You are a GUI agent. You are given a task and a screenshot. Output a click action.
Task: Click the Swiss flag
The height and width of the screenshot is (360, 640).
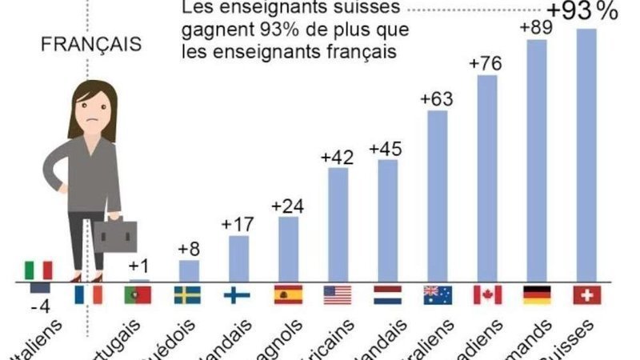(586, 294)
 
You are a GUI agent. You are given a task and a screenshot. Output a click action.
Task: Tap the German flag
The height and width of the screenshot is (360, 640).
(536, 294)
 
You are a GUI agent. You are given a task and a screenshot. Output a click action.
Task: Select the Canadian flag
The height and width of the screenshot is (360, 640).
(486, 294)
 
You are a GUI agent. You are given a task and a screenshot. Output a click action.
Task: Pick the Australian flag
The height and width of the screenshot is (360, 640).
(437, 294)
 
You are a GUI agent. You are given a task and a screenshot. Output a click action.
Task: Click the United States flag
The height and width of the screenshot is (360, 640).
(338, 294)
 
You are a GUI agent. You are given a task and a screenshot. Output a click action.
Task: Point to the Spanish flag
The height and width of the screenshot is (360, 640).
(288, 294)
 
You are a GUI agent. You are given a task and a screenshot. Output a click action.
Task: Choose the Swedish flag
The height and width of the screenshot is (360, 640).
(188, 294)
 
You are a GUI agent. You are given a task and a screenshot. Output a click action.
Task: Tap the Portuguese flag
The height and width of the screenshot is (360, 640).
(138, 294)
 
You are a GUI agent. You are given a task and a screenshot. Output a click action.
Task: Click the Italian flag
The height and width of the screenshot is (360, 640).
(38, 270)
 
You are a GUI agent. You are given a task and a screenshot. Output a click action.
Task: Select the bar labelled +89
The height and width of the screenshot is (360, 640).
(536, 160)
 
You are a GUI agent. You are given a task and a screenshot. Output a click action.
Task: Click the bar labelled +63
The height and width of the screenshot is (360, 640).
(437, 196)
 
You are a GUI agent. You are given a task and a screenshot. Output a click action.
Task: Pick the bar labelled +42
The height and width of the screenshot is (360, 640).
(338, 224)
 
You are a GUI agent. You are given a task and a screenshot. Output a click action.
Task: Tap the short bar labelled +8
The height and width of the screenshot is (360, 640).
(189, 271)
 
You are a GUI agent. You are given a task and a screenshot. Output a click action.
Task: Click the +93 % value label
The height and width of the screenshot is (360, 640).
(582, 11)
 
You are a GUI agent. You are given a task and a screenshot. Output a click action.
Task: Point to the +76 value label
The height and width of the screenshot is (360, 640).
(486, 64)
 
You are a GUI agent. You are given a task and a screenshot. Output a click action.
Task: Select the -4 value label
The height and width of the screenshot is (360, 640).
(37, 306)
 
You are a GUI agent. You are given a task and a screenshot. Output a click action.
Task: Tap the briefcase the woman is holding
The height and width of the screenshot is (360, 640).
(116, 235)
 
